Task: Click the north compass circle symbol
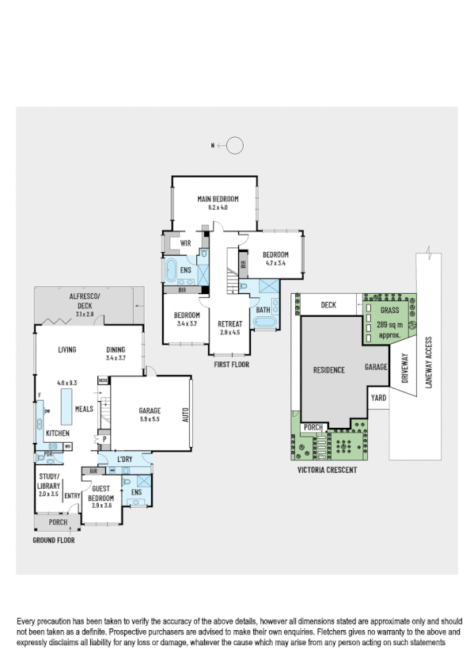click(235, 145)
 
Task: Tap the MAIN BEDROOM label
click(217, 199)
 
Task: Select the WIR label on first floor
click(187, 242)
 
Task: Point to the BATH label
click(262, 310)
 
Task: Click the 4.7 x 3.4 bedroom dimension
click(275, 262)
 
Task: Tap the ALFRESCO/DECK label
click(84, 301)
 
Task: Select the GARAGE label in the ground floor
click(150, 410)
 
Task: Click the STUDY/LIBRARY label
click(49, 480)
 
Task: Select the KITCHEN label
click(56, 433)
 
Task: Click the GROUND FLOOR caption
click(54, 540)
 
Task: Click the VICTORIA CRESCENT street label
click(327, 470)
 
